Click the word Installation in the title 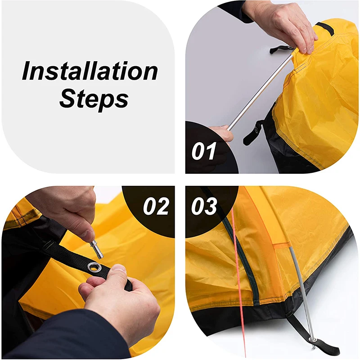[90, 72]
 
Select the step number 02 [156, 207]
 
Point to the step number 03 [204, 207]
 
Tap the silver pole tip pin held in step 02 [96, 248]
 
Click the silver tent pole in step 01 [261, 92]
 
